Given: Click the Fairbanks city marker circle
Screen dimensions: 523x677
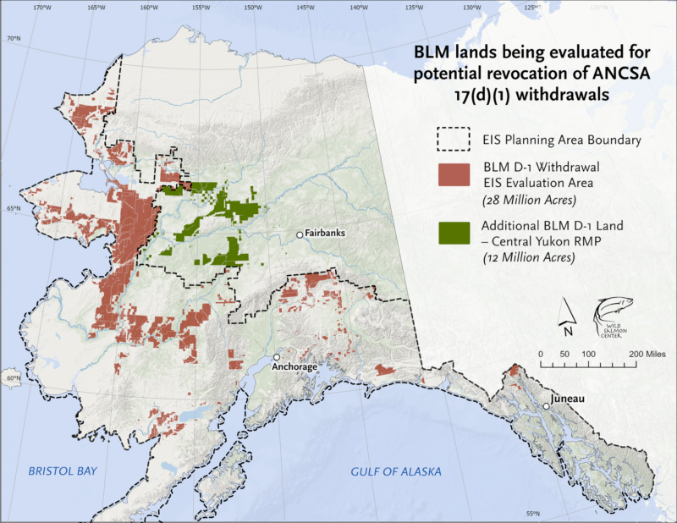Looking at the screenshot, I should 300,234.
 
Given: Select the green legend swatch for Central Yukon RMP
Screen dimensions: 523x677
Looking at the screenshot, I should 454,233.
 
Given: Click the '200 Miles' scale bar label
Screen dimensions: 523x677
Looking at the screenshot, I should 642,353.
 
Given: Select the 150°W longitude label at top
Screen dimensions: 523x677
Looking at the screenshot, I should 253,8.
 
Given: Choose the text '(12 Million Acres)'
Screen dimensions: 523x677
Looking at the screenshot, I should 528,256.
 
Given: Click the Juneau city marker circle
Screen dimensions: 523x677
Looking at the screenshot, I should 548,407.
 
